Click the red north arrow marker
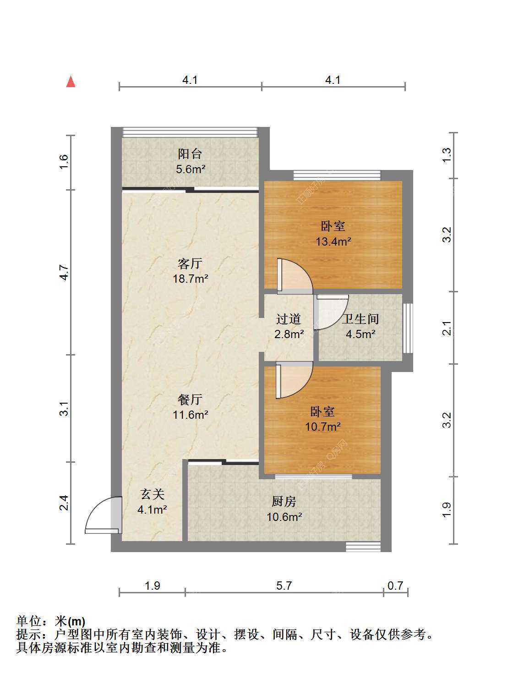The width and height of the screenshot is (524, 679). (x=71, y=82)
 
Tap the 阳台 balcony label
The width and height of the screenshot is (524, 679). (x=190, y=154)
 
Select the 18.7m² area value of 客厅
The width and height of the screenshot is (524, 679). (x=191, y=278)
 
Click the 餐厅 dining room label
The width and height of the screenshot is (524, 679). (x=190, y=400)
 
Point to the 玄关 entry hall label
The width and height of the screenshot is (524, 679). (x=152, y=494)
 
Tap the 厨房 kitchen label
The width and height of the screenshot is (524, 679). (x=284, y=502)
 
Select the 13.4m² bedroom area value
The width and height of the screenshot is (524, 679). (x=333, y=241)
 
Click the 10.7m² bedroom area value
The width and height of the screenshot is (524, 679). (x=322, y=427)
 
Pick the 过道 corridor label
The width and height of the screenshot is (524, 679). (x=288, y=319)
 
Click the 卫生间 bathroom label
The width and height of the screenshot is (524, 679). (x=360, y=319)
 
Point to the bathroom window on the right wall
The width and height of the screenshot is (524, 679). (x=408, y=328)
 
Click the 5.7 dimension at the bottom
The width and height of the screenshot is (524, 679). (x=284, y=585)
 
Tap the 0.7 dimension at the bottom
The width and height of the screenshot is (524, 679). (x=395, y=585)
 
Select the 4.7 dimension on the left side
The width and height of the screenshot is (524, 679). (x=64, y=273)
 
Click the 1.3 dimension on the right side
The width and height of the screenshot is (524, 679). (x=447, y=154)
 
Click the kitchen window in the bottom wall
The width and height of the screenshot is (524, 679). (x=363, y=547)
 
